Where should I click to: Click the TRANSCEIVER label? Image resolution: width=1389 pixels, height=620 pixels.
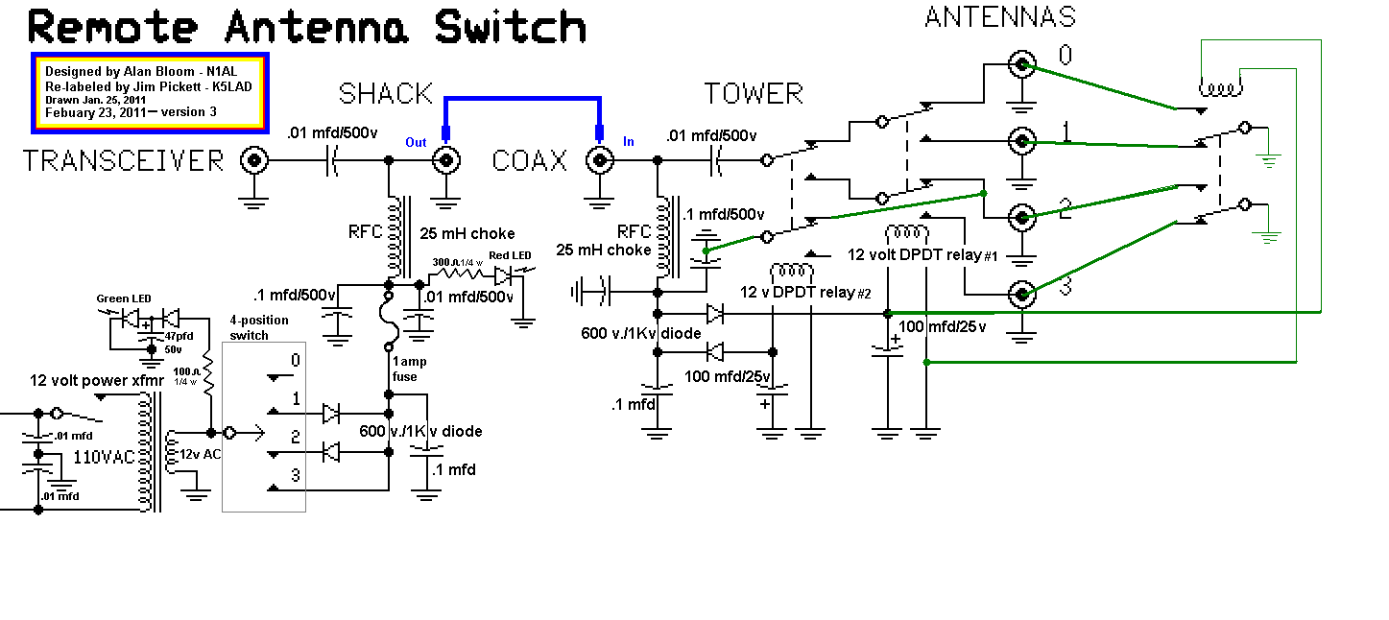[123, 160]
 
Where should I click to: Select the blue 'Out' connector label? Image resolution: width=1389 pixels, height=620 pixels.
[416, 143]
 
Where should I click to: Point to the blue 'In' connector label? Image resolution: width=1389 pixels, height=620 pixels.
[629, 142]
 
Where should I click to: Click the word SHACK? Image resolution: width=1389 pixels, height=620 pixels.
[386, 94]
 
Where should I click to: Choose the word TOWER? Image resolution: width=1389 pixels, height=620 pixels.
[754, 94]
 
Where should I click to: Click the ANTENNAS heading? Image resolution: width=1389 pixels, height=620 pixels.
[999, 16]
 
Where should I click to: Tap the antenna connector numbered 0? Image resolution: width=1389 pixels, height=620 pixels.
[1022, 65]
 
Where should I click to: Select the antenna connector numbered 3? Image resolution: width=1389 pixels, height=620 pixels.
[1022, 293]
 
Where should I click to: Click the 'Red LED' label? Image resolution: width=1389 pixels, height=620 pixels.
[511, 255]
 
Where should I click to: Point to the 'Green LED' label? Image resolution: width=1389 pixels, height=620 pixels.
[123, 298]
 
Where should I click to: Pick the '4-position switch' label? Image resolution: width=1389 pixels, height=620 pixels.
[249, 328]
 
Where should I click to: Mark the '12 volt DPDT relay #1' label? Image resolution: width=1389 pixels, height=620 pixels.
[923, 255]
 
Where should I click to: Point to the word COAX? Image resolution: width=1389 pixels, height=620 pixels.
[530, 160]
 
